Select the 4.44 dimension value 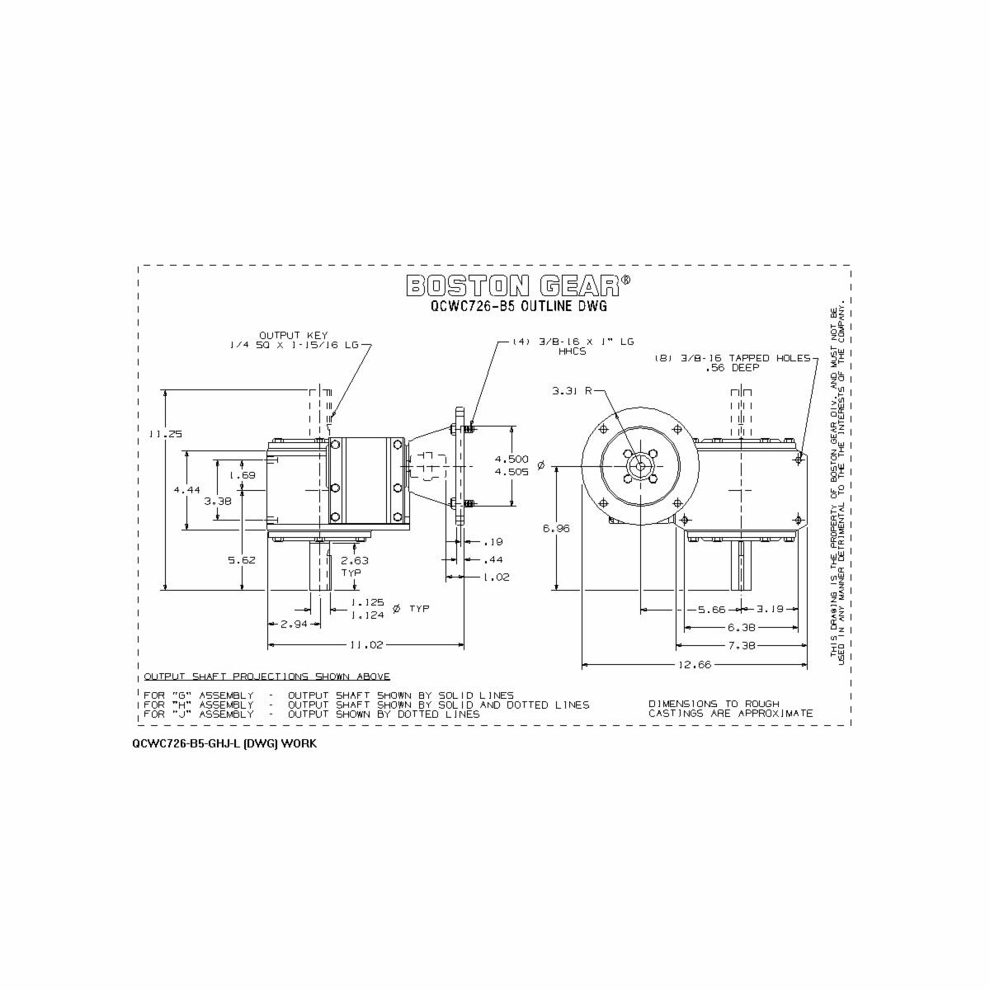point(187,489)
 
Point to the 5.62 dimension point(242,559)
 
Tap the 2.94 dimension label point(294,625)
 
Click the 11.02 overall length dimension point(365,644)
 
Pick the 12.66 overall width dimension point(695,664)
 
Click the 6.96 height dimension point(557,529)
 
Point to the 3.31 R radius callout point(569,392)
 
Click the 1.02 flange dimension point(497,577)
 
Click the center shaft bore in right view point(640,466)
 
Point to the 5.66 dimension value point(709,610)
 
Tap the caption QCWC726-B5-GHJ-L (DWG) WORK point(224,743)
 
